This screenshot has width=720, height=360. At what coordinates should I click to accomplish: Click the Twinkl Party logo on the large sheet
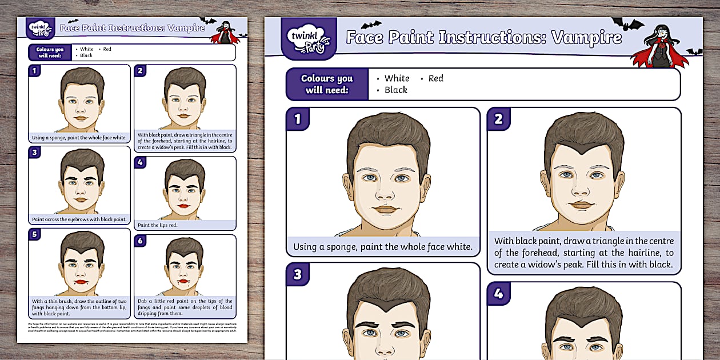click(309, 38)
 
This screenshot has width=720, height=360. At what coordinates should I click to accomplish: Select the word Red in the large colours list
click(435, 78)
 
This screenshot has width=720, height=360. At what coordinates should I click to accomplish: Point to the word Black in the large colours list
click(395, 90)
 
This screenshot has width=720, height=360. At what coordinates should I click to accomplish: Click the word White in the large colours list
click(397, 78)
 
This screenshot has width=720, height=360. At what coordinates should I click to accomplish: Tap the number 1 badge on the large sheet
click(297, 119)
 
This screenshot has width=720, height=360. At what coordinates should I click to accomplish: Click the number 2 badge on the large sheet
click(498, 119)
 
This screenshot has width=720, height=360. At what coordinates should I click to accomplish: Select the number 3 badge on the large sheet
click(297, 274)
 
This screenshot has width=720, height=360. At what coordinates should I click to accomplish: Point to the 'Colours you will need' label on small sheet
click(50, 52)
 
